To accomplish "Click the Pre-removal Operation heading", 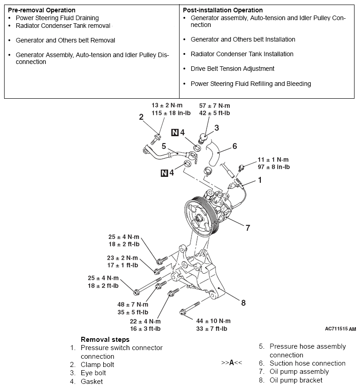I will click(42, 10).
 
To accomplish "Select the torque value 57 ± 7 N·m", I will click(214, 106).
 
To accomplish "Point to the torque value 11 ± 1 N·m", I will click(273, 159).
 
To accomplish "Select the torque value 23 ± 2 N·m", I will click(122, 258).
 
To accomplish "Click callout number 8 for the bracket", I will click(244, 303).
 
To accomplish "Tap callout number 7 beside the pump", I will click(248, 228).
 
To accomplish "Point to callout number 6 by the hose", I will click(235, 146).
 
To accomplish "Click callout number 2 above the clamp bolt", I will click(142, 117).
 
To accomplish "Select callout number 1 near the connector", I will click(260, 180).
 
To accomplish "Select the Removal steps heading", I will click(105, 340).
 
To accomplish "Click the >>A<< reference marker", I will click(231, 363).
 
